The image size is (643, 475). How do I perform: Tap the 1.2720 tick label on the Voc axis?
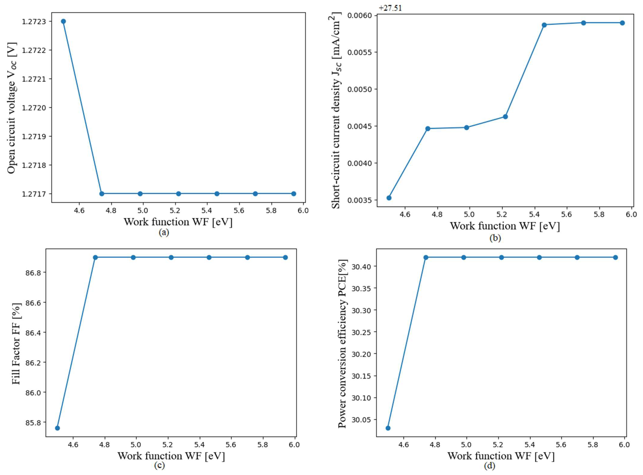click(34, 108)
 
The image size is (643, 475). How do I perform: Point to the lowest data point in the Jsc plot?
click(389, 198)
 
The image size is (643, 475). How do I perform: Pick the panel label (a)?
click(164, 232)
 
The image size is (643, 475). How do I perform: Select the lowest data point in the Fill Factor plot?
click(57, 428)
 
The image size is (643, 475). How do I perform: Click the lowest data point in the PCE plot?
click(388, 428)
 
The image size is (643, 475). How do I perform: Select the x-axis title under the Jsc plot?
click(505, 226)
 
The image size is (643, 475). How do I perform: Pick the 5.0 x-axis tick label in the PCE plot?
click(466, 445)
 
